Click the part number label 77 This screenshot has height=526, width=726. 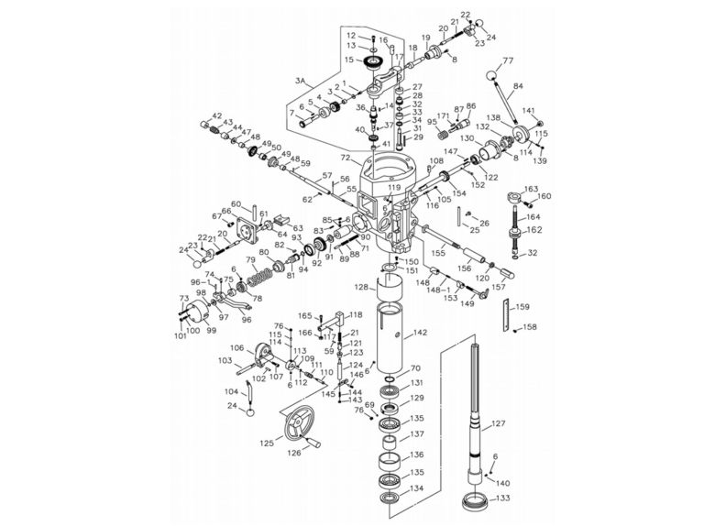[x=508, y=60]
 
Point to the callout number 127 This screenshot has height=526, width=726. [x=499, y=423]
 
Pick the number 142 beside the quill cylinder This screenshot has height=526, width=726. [x=421, y=334]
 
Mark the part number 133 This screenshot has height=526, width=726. [x=503, y=499]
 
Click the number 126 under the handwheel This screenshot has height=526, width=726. [x=294, y=451]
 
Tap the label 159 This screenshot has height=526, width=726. [x=523, y=307]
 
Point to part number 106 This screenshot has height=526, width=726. [x=236, y=347]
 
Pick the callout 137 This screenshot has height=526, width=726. [x=416, y=434]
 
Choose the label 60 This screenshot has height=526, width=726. [x=236, y=203]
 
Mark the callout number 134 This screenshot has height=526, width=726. [x=416, y=488]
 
